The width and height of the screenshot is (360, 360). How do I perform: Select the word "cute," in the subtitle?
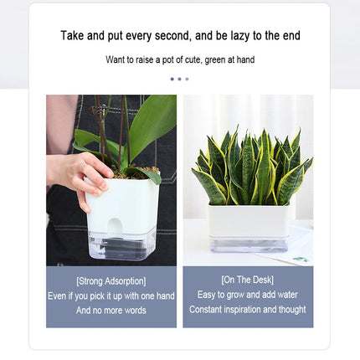[x=193, y=60]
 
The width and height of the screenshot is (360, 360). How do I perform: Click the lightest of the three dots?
[x=187, y=79]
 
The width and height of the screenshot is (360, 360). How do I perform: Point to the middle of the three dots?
[x=179, y=79]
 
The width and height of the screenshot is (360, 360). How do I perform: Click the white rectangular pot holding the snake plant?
[x=249, y=220]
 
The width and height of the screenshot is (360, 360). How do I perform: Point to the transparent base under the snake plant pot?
[x=249, y=244]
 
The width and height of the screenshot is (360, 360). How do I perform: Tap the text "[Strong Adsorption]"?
[x=111, y=281]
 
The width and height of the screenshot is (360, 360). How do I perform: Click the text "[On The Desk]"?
[x=248, y=280]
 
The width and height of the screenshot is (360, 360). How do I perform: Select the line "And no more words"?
[x=111, y=311]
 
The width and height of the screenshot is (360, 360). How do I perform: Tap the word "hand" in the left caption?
[x=166, y=296]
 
